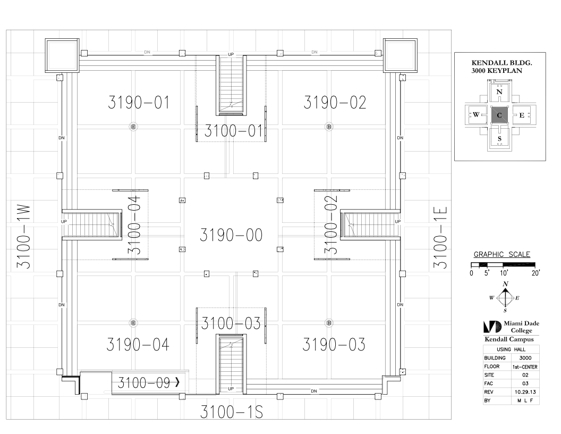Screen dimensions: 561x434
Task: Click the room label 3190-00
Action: (231, 235)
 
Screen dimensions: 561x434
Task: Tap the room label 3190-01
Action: (139, 103)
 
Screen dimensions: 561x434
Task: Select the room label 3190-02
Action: (335, 103)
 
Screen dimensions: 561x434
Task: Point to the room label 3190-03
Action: (334, 345)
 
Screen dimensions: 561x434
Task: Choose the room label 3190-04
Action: (138, 345)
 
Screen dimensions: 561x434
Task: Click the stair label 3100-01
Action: (234, 131)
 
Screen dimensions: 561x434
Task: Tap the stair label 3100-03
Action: (231, 323)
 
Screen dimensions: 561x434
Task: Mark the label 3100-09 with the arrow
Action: (148, 383)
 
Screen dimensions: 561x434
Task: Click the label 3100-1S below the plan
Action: (232, 412)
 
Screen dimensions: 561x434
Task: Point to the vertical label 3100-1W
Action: (24, 237)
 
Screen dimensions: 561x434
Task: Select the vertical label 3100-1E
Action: (440, 237)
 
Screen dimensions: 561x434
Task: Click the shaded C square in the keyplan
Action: (499, 115)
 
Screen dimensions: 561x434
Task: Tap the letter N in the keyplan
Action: (499, 91)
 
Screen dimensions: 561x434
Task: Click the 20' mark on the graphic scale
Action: (535, 273)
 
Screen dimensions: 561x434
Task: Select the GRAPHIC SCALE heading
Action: (502, 255)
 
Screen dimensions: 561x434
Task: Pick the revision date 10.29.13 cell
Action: (525, 392)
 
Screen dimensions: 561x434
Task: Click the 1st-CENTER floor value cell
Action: (525, 366)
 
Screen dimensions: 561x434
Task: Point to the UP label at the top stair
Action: (231, 54)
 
